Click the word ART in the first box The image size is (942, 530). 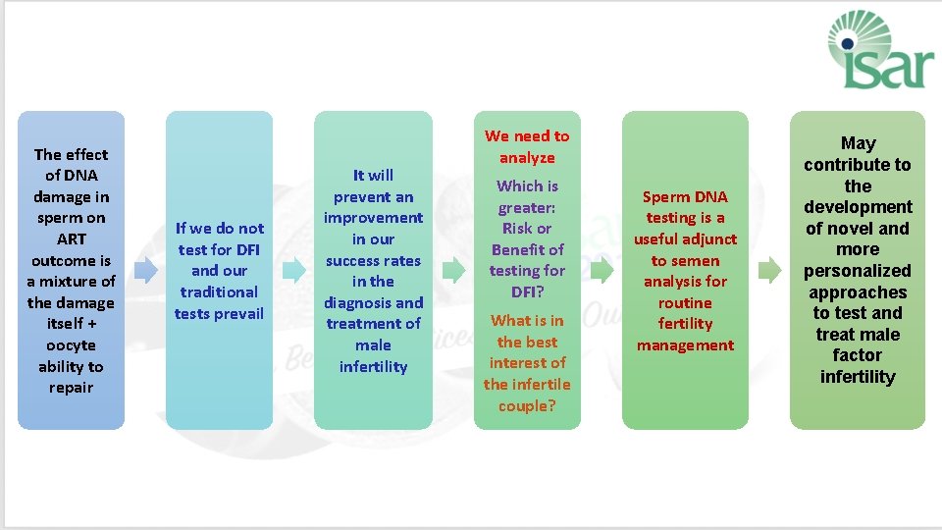pos(71,238)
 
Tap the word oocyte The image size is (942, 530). pos(71,344)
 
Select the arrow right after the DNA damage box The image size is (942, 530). pos(145,270)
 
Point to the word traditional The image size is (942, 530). pos(219,291)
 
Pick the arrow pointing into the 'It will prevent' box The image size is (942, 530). pos(293,270)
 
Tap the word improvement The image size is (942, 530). pos(373,218)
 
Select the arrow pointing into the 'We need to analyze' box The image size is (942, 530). pos(453,270)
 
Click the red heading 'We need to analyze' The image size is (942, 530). pos(527,146)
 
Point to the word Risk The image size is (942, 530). pos(516,228)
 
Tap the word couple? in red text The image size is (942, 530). pos(527,405)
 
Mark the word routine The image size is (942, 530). pos(685,302)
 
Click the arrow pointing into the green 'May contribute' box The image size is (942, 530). pos(770,270)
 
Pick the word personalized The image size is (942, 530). pos(858,271)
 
